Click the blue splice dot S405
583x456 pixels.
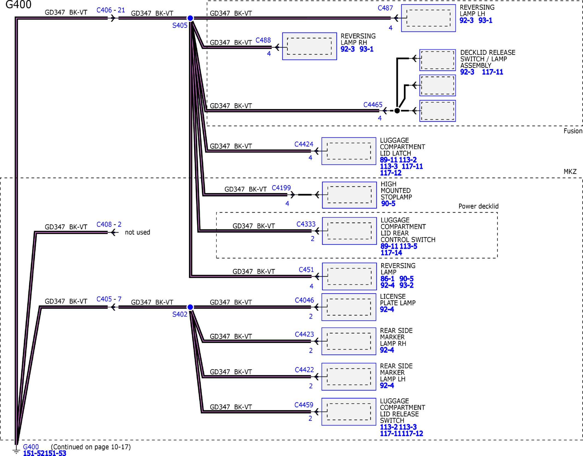coord(190,18)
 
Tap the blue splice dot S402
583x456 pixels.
coord(190,307)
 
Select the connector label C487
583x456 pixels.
coord(385,8)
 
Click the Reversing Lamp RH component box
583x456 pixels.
coord(310,46)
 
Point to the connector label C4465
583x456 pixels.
coord(373,105)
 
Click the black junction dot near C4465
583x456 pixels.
coord(397,111)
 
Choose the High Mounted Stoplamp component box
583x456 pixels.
coord(350,195)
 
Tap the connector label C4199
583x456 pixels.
coord(281,188)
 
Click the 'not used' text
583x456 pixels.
coord(137,232)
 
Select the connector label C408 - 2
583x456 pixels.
coord(109,224)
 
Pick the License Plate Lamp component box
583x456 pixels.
coord(349,307)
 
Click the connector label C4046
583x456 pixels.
coord(304,300)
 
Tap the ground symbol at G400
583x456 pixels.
coord(16,450)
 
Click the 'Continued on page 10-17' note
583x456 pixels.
coord(91,447)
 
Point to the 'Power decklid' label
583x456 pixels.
coord(478,206)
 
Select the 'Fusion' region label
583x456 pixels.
coord(573,131)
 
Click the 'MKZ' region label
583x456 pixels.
coord(570,172)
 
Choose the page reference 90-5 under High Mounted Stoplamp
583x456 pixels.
coord(388,204)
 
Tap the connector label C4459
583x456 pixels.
coord(304,405)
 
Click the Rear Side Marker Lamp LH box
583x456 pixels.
coord(349,377)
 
